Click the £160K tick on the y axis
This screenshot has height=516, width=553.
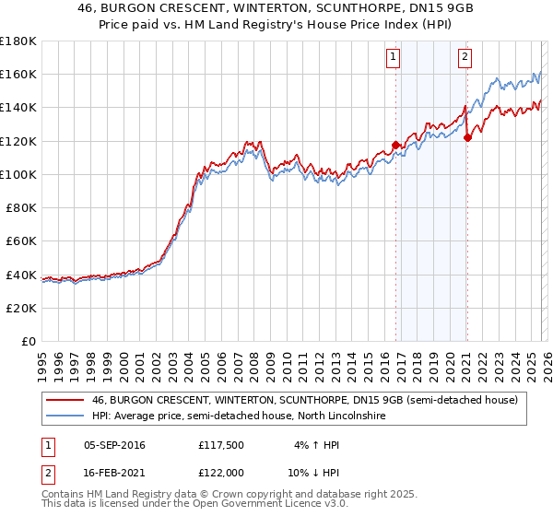(18, 74)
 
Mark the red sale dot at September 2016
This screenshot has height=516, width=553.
(395, 145)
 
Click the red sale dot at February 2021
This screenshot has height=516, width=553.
(467, 137)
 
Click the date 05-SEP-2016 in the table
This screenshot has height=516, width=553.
(114, 445)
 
